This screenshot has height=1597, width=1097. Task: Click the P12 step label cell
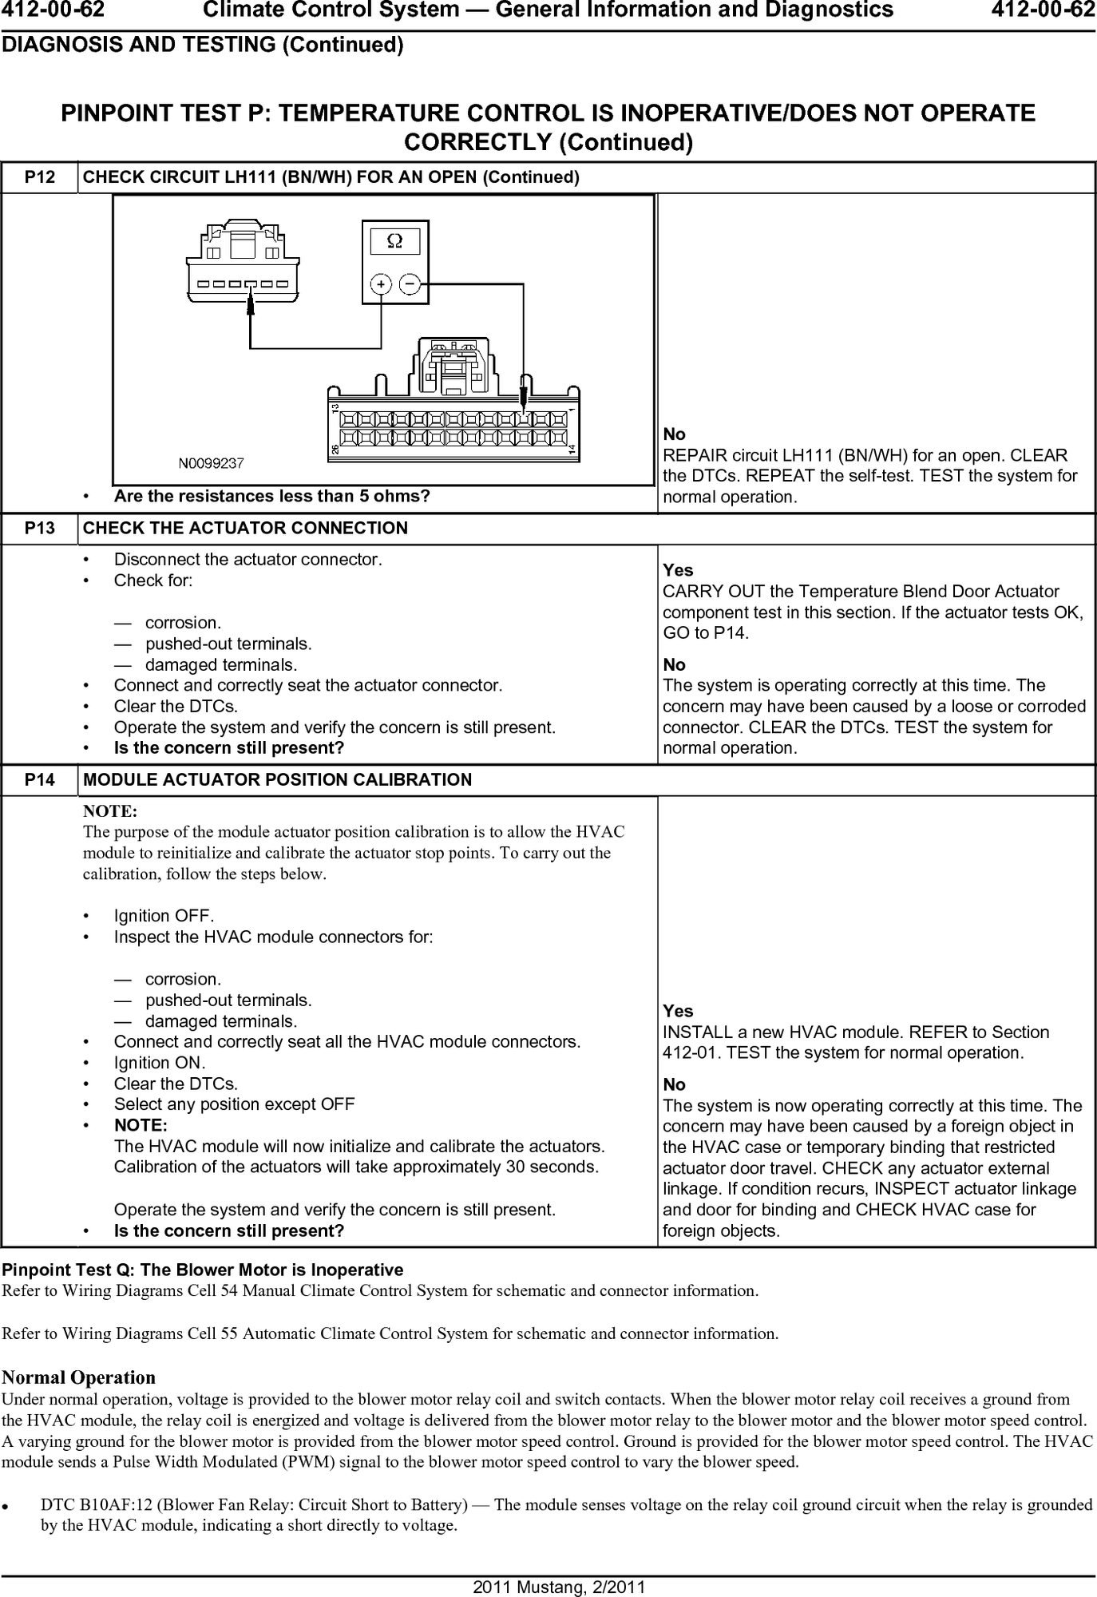[x=40, y=177]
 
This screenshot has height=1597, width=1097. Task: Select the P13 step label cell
[x=40, y=529]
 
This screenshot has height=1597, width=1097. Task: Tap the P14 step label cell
[x=40, y=780]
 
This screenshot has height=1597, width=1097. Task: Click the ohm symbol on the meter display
[x=394, y=240]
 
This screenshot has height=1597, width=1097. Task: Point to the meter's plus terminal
[x=382, y=283]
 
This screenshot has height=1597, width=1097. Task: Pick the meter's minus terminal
[x=410, y=283]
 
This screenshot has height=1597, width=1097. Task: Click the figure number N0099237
[x=211, y=462]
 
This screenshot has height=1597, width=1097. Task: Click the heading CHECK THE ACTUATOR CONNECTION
[x=245, y=529]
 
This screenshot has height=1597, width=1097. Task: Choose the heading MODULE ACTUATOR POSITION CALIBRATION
[x=277, y=780]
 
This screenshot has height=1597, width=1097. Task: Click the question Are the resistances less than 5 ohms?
[x=271, y=497]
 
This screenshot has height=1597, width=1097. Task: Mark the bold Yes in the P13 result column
[x=678, y=571]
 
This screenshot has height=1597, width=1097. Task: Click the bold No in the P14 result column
[x=674, y=1084]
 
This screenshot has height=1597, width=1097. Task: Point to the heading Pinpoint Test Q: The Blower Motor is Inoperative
[x=203, y=1270]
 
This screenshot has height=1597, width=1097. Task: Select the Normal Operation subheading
[x=78, y=1377]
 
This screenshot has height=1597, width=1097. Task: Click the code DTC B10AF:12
[x=96, y=1505]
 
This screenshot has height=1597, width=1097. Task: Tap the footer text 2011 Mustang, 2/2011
[x=548, y=1587]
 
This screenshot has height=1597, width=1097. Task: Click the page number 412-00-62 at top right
[x=1043, y=10]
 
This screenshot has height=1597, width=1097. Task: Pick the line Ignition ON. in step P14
[x=160, y=1063]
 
